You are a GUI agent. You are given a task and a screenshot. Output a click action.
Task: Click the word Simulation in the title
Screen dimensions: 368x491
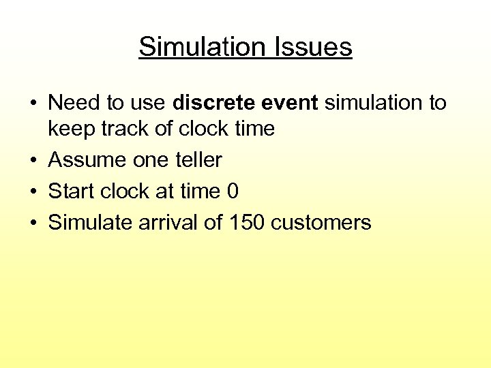click(198, 47)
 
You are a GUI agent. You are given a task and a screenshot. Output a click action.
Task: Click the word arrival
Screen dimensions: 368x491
click(170, 223)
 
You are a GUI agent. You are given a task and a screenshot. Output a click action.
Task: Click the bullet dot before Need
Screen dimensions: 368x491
click(33, 104)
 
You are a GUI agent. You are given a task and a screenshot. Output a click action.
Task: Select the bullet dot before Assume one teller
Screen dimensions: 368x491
click(33, 161)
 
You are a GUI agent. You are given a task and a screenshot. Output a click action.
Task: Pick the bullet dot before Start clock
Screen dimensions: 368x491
click(33, 192)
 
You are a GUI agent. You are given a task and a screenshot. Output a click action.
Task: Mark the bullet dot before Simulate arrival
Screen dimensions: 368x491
click(33, 224)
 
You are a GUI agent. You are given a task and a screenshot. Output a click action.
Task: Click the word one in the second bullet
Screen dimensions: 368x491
click(145, 160)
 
